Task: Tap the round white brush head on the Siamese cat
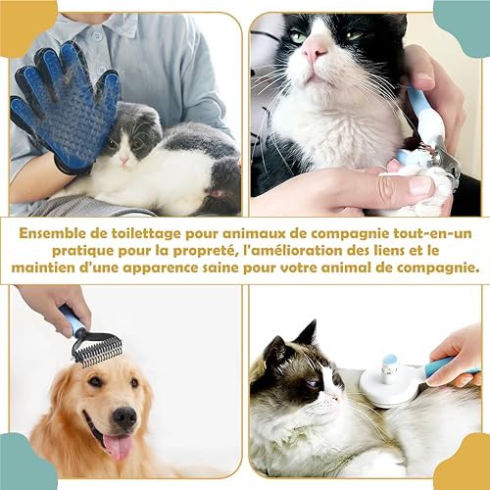pos(386,381)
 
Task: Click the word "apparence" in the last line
pos(171,268)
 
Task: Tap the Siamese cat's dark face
pos(312,372)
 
